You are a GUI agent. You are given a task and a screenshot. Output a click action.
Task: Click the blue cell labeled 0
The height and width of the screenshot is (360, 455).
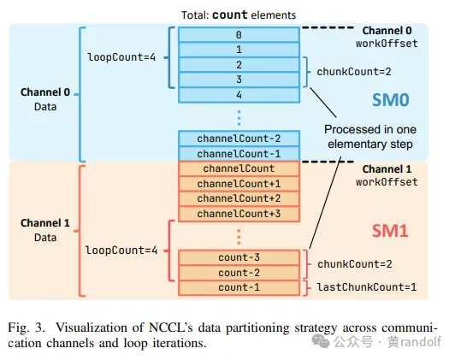click(239, 35)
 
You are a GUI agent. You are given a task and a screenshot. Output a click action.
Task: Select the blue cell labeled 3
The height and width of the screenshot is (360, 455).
click(239, 80)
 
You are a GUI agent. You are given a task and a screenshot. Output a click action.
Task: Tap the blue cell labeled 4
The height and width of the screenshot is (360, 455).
click(239, 94)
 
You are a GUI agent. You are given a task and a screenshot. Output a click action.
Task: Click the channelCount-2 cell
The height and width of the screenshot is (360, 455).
click(239, 138)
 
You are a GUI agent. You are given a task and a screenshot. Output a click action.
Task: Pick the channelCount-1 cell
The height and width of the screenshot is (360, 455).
click(239, 153)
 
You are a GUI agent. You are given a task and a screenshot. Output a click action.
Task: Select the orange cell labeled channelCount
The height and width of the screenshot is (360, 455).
click(239, 168)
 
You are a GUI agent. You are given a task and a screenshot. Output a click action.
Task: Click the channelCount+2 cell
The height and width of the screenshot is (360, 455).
click(239, 198)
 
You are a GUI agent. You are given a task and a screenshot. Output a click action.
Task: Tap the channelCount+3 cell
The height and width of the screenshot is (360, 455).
click(239, 213)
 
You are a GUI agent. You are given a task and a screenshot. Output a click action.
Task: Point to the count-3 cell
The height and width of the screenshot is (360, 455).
click(239, 257)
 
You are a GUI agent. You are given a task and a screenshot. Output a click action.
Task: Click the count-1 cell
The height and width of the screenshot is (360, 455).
click(239, 287)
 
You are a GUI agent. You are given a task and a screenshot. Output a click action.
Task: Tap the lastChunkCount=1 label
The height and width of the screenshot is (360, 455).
click(367, 287)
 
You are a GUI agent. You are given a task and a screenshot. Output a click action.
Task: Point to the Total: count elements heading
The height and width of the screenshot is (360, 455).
click(239, 14)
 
